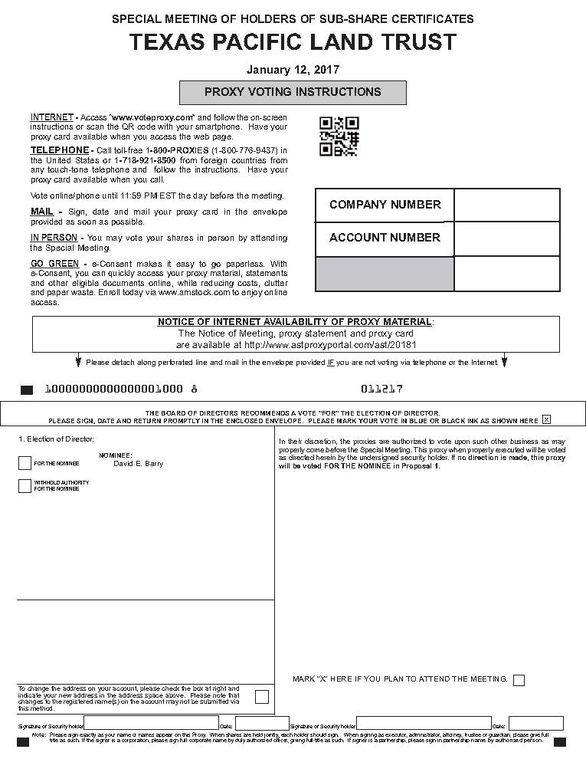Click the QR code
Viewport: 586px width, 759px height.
tap(339, 136)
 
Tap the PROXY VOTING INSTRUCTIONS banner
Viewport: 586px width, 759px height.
tap(293, 92)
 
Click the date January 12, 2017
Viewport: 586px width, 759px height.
tap(293, 70)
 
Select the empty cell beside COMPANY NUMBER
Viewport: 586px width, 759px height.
tap(506, 205)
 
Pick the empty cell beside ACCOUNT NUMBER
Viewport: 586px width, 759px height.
tap(506, 238)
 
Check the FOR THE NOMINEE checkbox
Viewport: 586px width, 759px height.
tap(25, 463)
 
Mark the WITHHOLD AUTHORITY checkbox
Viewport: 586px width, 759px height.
tap(25, 485)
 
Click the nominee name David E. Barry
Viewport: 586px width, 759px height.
tap(138, 464)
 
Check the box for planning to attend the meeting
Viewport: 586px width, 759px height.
tap(519, 680)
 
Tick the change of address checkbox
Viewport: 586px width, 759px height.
tap(262, 697)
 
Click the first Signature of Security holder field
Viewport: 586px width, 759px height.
tap(150, 723)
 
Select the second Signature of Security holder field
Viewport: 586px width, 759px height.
tap(424, 723)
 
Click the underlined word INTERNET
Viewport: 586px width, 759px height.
tap(51, 117)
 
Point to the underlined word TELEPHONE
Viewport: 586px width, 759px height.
tap(59, 149)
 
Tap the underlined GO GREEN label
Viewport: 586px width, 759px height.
tap(54, 264)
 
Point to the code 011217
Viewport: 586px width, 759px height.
tap(381, 389)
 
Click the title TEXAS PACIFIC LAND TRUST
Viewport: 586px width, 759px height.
tap(293, 42)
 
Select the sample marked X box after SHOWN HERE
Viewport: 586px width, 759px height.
tap(546, 419)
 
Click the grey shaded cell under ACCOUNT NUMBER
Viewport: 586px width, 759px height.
tap(384, 274)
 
